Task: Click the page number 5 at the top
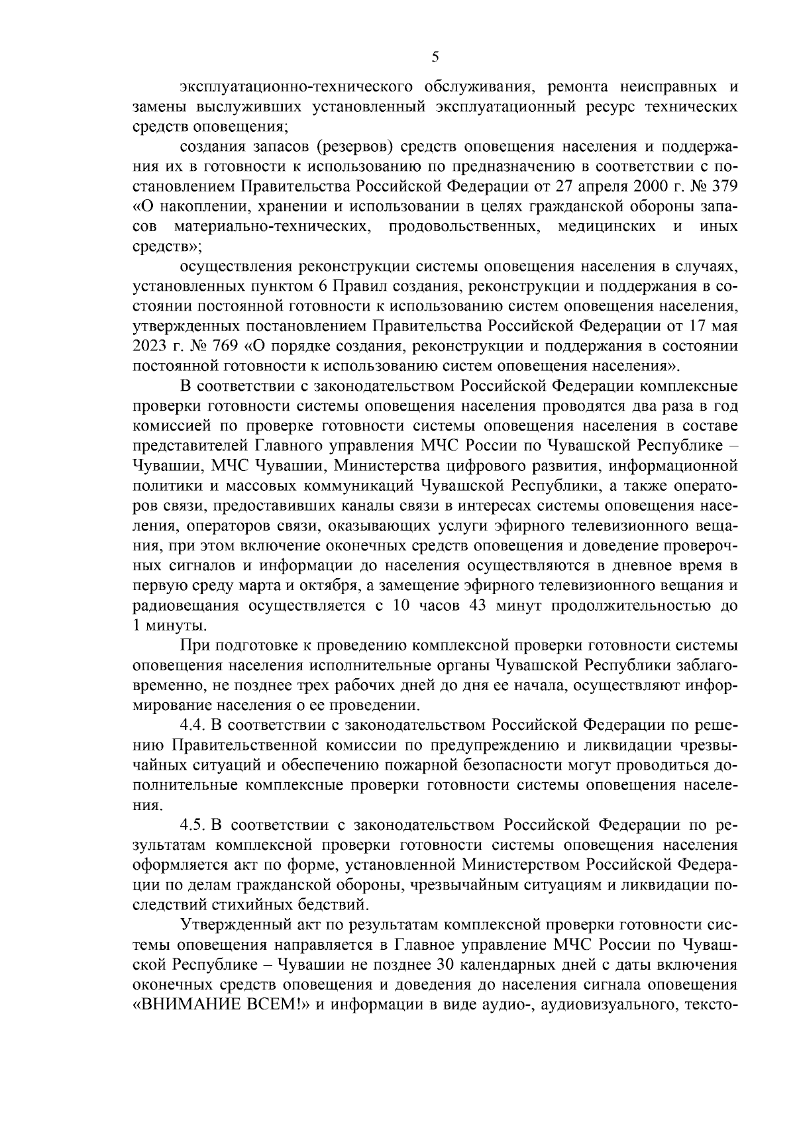click(435, 57)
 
